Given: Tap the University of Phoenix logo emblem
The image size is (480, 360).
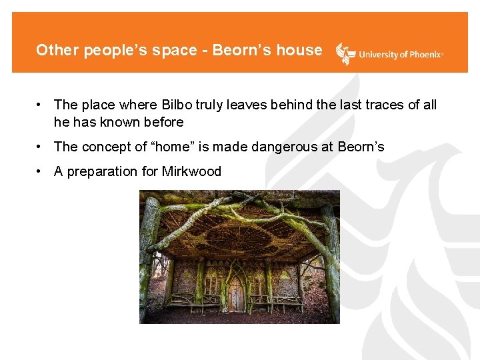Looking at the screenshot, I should click(345, 53).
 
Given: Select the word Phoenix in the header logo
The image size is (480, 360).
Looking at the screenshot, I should click(422, 55).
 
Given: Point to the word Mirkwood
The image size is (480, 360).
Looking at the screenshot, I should click(191, 171).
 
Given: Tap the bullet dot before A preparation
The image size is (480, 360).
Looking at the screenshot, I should click(41, 171).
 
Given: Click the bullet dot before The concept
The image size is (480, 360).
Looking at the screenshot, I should click(41, 147).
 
